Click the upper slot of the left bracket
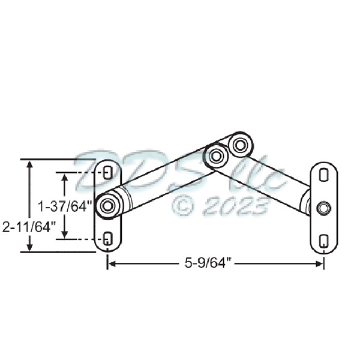pos(108,173)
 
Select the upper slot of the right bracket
pos(323,175)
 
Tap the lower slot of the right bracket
pos(323,241)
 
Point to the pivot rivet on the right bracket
pos(323,208)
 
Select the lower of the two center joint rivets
pos(216,156)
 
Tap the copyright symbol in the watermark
pos(183,206)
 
